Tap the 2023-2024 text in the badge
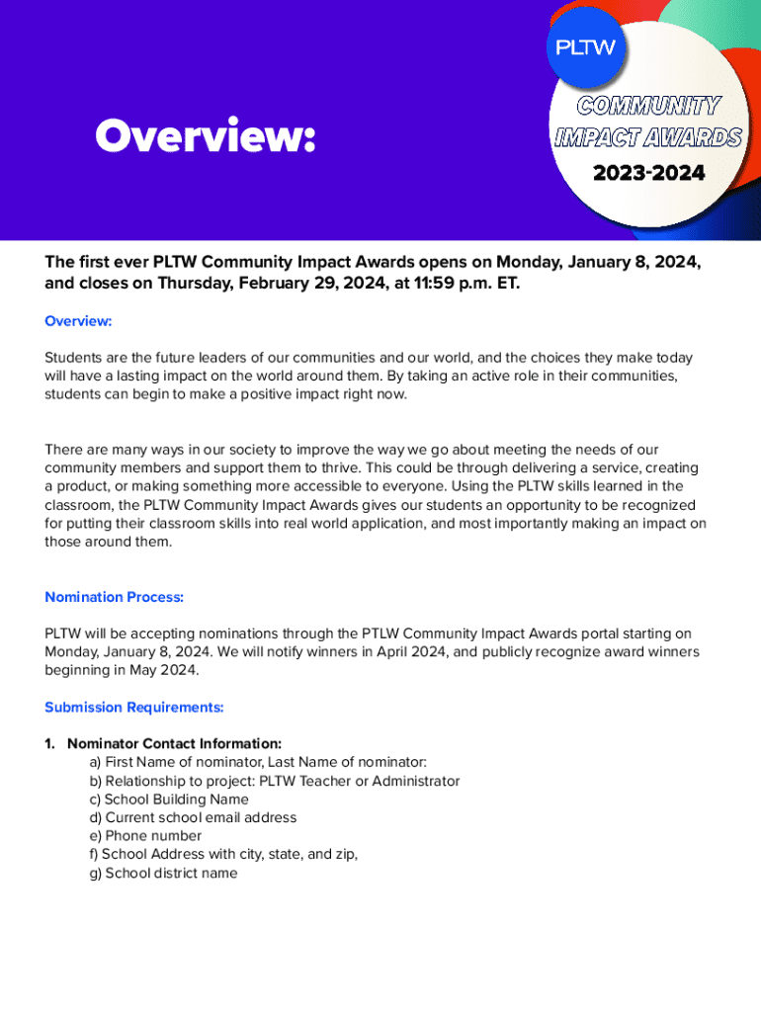click(x=648, y=174)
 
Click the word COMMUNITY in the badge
click(x=648, y=105)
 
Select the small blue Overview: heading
click(x=78, y=321)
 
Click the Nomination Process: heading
click(x=115, y=597)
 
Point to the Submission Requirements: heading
click(x=134, y=708)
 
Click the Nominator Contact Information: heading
click(x=174, y=743)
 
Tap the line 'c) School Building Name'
click(x=169, y=800)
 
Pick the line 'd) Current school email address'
click(x=193, y=817)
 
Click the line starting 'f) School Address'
click(x=223, y=854)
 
